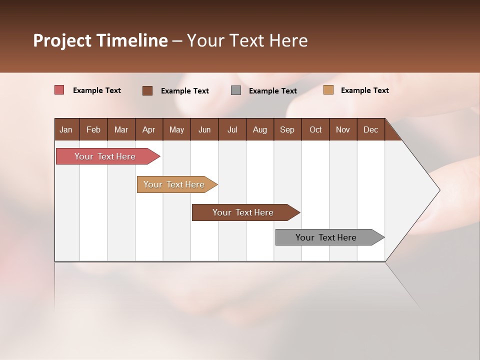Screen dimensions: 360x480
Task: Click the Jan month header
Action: (x=66, y=129)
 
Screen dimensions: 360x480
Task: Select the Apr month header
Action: (x=148, y=129)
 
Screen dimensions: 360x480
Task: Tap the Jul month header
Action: (x=232, y=129)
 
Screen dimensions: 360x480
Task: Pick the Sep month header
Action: (x=287, y=129)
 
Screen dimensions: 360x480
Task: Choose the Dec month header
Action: (x=370, y=129)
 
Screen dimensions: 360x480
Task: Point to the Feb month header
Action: (x=93, y=129)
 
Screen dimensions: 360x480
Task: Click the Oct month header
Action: (x=315, y=129)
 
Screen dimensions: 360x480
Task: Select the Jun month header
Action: (x=204, y=129)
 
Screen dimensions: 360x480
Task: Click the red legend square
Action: (x=59, y=90)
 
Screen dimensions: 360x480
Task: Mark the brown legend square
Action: (x=147, y=90)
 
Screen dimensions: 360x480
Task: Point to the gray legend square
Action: (x=236, y=90)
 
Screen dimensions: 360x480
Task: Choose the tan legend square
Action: (x=328, y=90)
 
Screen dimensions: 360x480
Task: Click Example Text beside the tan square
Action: (x=364, y=90)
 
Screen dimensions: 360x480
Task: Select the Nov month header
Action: (x=343, y=129)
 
